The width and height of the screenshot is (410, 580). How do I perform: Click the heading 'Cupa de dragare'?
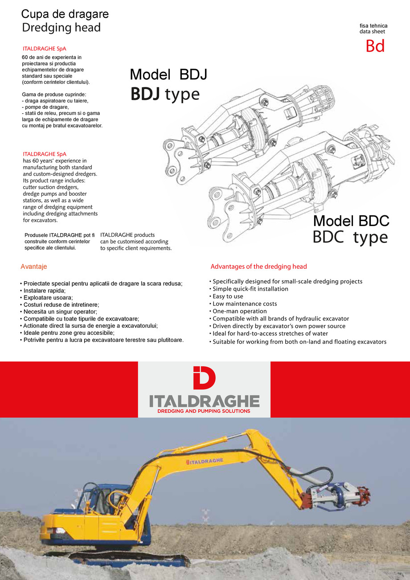tap(65, 14)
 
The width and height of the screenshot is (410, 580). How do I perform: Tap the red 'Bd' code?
tap(375, 46)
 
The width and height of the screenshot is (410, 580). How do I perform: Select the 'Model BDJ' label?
tap(168, 75)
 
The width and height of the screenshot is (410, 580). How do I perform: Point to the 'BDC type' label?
tap(350, 237)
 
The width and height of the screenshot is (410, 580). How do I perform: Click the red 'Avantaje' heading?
tap(34, 267)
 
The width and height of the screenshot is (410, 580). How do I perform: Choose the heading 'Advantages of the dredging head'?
tap(258, 267)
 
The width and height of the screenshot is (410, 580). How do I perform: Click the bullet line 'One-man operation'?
tap(239, 311)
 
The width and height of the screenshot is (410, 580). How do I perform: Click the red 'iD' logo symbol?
tap(204, 378)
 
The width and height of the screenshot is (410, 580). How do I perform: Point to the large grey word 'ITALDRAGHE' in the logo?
tap(204, 400)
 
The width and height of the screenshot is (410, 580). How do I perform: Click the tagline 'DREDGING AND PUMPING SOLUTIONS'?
tap(204, 411)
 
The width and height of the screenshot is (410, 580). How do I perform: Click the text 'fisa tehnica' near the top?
tap(373, 26)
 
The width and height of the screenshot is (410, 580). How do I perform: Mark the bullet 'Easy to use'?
tap(228, 296)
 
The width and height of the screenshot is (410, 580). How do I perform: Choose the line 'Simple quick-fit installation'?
tap(250, 289)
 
